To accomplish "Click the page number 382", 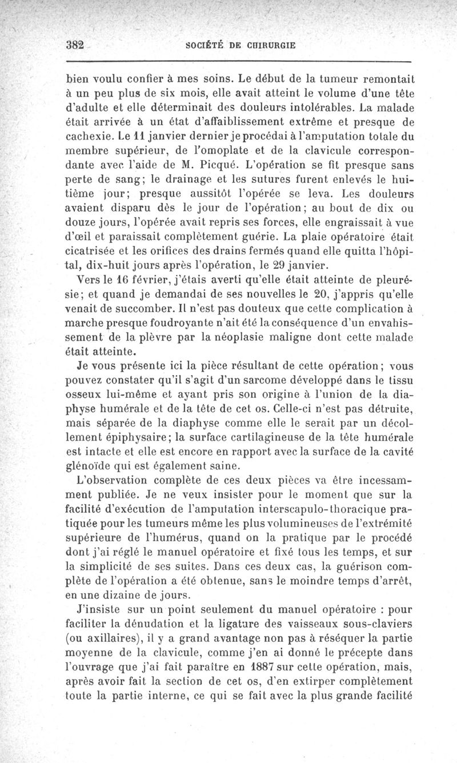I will click(x=75, y=46).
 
